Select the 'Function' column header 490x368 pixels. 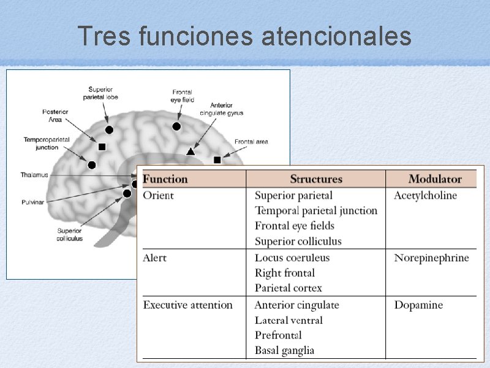165,179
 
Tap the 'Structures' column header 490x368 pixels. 316,179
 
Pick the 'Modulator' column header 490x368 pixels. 435,179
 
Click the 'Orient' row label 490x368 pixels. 158,196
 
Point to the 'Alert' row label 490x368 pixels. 154,258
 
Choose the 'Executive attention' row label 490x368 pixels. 188,305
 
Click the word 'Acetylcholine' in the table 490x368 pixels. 425,196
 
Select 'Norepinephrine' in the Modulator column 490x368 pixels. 431,258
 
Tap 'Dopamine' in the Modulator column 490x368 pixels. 418,305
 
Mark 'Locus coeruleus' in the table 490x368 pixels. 292,258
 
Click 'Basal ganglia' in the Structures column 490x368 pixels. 284,351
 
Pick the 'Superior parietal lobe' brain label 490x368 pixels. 103,93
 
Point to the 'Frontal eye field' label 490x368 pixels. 183,96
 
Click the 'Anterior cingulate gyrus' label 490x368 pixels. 221,109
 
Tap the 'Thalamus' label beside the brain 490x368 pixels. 34,175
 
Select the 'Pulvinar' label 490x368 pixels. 32,202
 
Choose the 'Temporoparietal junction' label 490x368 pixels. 47,144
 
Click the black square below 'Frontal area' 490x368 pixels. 217,160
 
